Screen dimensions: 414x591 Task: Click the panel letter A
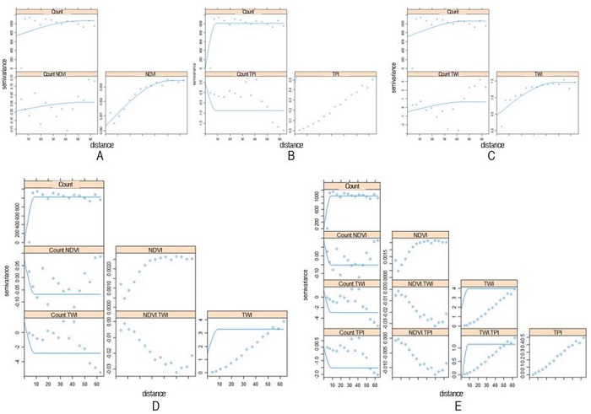[x=100, y=154]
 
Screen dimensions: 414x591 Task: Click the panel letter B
[x=291, y=154]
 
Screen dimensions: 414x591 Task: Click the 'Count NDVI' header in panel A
[x=56, y=73]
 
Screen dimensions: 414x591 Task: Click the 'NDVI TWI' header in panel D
[x=156, y=314]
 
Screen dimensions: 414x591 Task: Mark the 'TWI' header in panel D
[x=246, y=314]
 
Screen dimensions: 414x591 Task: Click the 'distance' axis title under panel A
[x=100, y=142]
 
